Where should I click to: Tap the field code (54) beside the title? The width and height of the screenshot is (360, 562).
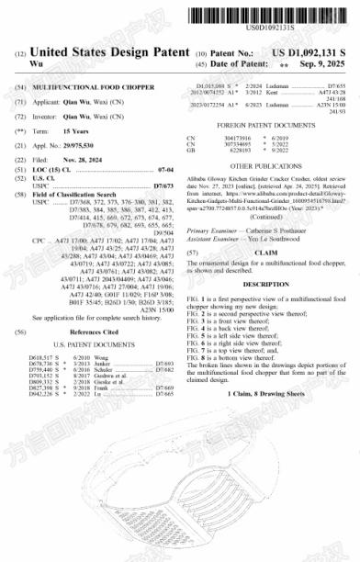pyautogui.click(x=19, y=84)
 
